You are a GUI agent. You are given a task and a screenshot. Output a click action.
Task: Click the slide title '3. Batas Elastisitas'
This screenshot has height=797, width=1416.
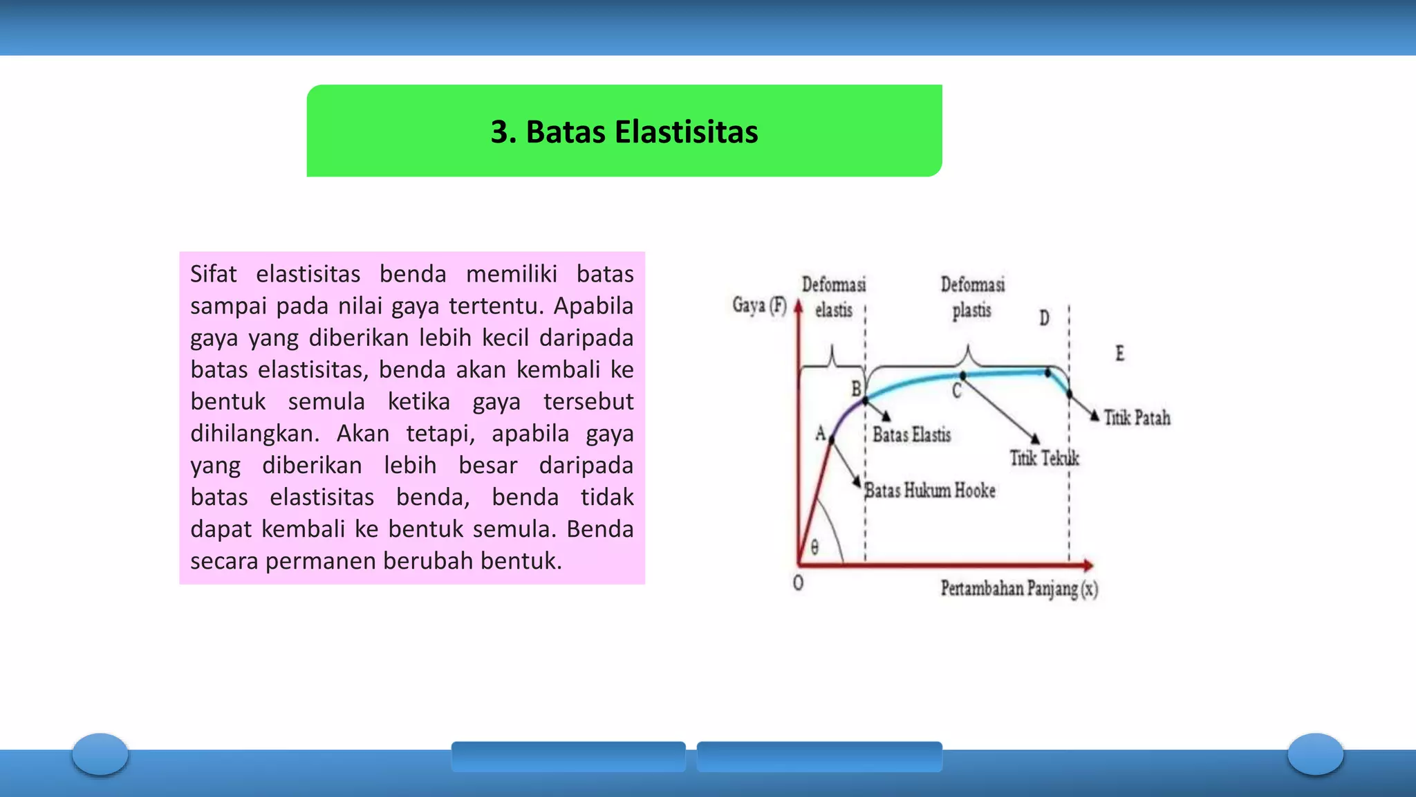coord(624,131)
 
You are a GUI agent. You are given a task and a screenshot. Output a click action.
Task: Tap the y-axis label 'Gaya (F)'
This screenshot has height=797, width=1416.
coord(759,305)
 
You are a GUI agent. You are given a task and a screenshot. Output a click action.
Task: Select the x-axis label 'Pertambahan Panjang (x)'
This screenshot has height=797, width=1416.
coord(1019,589)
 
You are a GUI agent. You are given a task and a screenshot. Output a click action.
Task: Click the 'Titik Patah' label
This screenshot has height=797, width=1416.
coord(1137,418)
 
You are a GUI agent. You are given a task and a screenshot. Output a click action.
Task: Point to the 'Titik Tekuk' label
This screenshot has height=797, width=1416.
coord(1044,458)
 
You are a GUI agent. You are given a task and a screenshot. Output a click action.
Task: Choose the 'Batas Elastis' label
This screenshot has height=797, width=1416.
coord(911,434)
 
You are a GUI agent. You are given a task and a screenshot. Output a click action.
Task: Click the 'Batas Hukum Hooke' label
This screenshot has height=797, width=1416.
coord(931,491)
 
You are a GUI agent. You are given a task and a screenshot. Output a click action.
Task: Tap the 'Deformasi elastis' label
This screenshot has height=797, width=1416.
coord(834,297)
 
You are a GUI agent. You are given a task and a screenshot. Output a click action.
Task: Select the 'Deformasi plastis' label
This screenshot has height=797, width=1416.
coord(972,297)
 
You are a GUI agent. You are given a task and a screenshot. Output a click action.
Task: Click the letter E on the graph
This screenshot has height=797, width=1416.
coord(1119,354)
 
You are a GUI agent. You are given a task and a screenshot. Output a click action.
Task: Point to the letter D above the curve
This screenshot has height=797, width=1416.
coord(1044,318)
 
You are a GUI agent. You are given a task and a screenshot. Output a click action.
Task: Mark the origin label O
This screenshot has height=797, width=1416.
coord(798,583)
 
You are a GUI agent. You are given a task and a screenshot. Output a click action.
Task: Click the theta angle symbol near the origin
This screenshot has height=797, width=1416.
coord(814,548)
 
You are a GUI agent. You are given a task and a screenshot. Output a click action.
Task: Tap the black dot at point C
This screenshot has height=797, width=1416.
coord(963,376)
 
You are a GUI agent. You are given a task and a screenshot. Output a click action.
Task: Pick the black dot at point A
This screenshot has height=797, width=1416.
coord(832,439)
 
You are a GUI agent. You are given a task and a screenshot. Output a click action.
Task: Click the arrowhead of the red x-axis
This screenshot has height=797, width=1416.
coord(1088,565)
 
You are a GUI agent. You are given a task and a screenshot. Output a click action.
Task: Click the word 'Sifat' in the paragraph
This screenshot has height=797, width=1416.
coord(213,274)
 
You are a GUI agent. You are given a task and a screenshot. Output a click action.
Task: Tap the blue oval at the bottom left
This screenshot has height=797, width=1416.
coord(100,753)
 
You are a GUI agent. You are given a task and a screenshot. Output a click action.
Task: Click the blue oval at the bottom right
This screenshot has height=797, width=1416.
coord(1315,753)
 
